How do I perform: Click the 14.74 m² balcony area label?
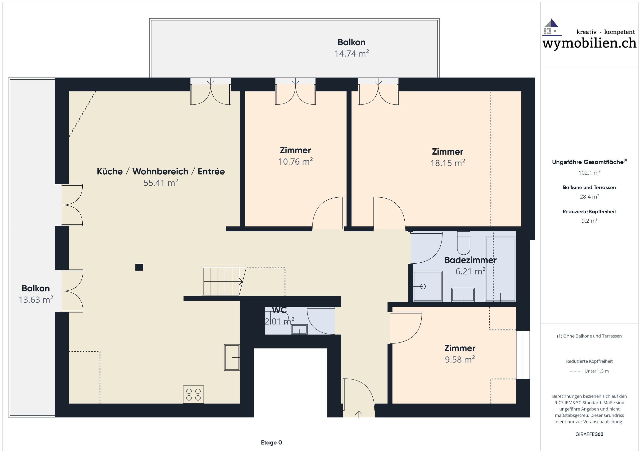pos(352,53)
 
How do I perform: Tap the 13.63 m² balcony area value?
pos(36,300)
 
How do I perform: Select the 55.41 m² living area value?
pos(161,183)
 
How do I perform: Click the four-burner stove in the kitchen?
pos(193,394)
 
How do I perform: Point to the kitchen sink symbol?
pos(232,357)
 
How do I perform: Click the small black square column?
pos(139,267)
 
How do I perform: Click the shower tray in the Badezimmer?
pos(428,286)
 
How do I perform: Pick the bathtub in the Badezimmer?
pos(500,269)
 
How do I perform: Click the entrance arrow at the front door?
pos(359,414)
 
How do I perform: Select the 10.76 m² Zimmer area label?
pos(295,162)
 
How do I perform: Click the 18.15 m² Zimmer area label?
pos(447,163)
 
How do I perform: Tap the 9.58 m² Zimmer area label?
pos(460,359)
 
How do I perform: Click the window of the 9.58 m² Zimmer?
pos(523,354)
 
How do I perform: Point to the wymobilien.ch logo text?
pos(589,43)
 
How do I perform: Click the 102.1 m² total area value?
pos(589,173)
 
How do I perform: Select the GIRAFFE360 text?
pos(589,434)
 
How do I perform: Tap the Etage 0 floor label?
pos(271,442)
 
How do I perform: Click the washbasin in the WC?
pos(299,329)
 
